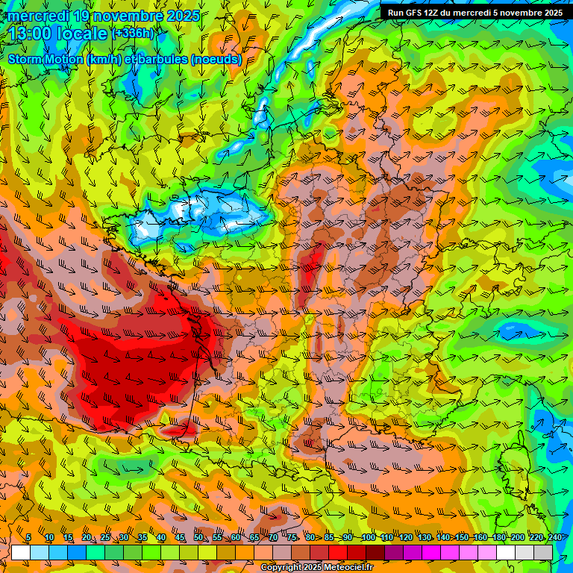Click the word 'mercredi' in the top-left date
pyautogui.click(x=37, y=16)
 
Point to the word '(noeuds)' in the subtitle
pyautogui.click(x=216, y=59)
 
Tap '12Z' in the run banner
pyautogui.click(x=440, y=12)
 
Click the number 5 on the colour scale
pyautogui.click(x=28, y=538)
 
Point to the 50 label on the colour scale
pyautogui.click(x=198, y=538)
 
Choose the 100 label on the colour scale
pyautogui.click(x=369, y=538)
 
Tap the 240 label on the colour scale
pyautogui.click(x=554, y=538)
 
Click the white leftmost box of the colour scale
pyautogui.click(x=21, y=552)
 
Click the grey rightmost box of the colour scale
pyautogui.click(x=543, y=552)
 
